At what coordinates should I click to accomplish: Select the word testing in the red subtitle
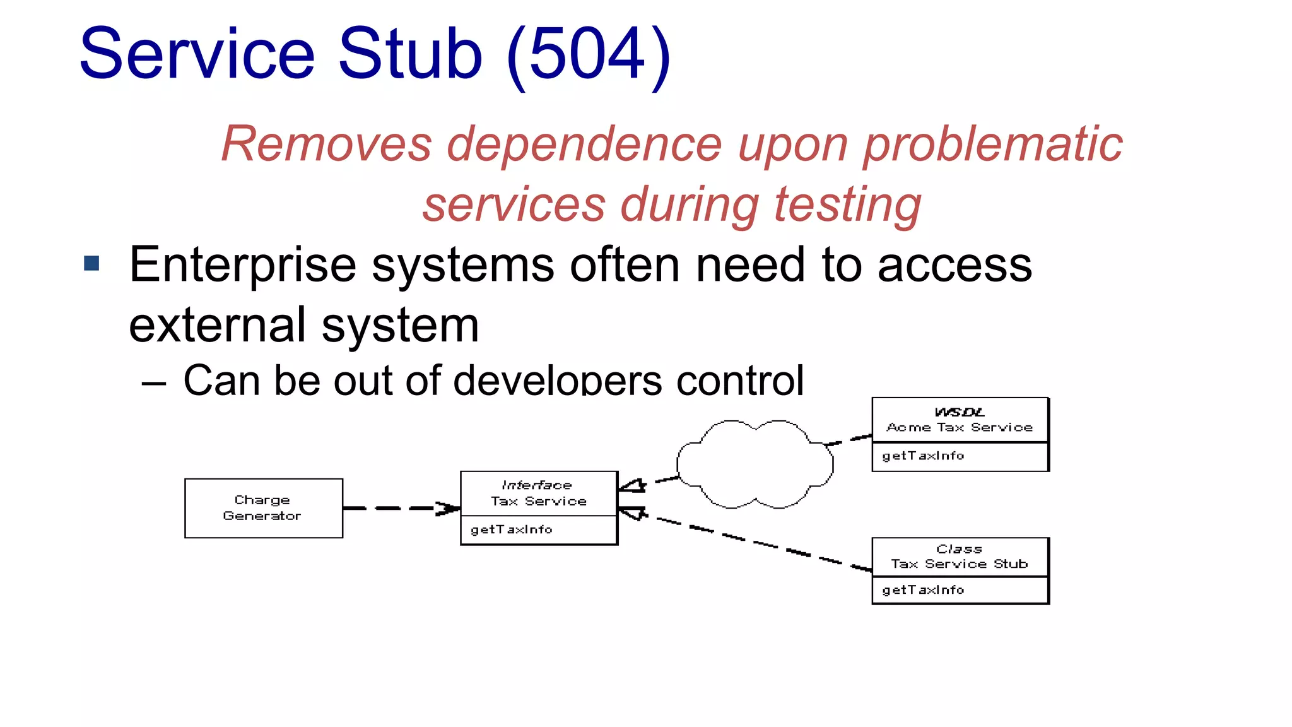tap(847, 206)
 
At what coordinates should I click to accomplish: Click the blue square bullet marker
tap(91, 263)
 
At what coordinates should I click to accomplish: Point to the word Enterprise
tap(242, 266)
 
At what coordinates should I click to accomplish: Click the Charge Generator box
tap(263, 508)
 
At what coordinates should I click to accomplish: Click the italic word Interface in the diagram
tap(536, 485)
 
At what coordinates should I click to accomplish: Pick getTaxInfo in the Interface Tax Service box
tap(511, 529)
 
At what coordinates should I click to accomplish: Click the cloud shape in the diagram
tap(755, 464)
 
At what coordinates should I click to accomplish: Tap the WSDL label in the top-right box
tap(959, 412)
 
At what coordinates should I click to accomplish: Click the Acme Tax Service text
tap(959, 427)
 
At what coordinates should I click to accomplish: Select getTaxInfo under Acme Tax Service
tap(922, 456)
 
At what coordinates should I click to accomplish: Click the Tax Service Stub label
tap(959, 564)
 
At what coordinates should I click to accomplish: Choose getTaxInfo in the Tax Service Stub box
tap(922, 590)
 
